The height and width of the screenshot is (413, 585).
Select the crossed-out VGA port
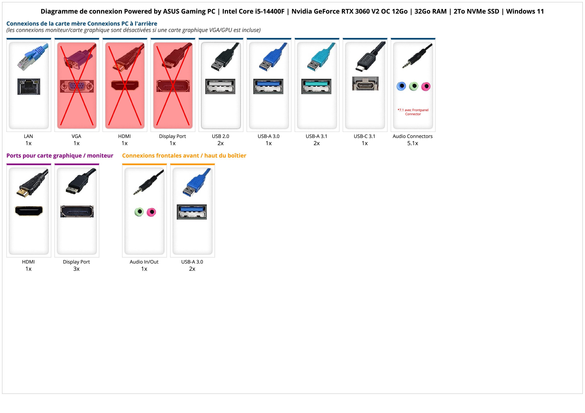77,86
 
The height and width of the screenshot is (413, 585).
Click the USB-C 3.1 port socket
365,83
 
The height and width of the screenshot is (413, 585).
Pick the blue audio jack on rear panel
401,86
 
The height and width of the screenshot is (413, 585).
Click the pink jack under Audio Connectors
426,86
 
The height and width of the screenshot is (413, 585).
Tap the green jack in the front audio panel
139,212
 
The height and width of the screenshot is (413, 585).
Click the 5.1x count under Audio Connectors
413,143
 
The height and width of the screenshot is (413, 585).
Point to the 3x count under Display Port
76,269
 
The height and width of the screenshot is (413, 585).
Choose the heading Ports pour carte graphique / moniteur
60,156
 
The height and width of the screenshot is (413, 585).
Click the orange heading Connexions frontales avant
184,156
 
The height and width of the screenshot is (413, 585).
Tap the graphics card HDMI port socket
29,211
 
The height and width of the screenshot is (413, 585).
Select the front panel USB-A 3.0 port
192,212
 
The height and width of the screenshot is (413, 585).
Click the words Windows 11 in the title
525,11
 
